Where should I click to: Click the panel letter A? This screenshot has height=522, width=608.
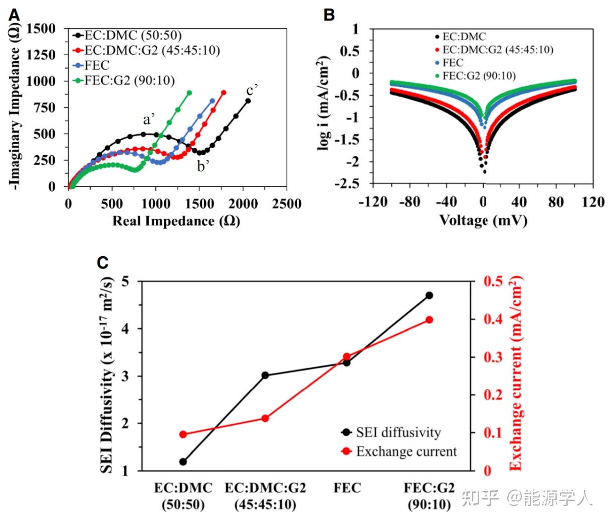[x=15, y=16]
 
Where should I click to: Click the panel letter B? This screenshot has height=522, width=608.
[x=329, y=15]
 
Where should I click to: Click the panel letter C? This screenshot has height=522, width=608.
[x=102, y=262]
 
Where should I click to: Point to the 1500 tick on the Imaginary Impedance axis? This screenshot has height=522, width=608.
[x=41, y=29]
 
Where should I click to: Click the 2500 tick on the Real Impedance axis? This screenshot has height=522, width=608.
[x=286, y=204]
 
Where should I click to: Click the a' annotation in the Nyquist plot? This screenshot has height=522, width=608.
[x=149, y=120]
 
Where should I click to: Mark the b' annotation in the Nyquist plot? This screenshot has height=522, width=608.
[x=202, y=167]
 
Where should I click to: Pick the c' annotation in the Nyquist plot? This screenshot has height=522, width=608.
[x=252, y=91]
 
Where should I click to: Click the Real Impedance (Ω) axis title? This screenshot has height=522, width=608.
[x=176, y=221]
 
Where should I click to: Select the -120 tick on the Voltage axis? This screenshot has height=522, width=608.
[x=373, y=202]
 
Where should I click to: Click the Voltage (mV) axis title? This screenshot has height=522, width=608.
[x=483, y=220]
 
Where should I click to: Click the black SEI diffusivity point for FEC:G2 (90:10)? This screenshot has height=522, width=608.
[x=429, y=295]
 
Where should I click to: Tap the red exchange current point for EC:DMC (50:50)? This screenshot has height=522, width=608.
[x=183, y=434]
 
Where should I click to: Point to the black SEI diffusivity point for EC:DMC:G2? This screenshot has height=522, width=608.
[x=265, y=375]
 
